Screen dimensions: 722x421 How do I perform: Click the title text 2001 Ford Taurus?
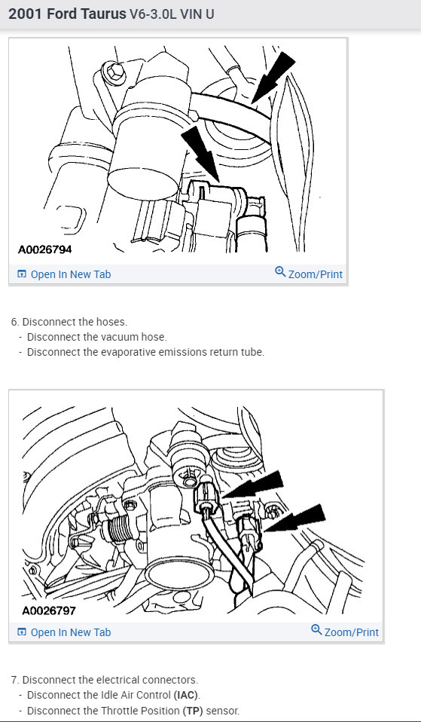[68, 14]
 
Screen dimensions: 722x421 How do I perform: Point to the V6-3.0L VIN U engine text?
[172, 14]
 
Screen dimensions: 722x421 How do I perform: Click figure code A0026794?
[45, 249]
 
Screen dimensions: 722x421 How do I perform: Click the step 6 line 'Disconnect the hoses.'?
[69, 322]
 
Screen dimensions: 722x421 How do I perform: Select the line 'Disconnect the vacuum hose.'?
[96, 337]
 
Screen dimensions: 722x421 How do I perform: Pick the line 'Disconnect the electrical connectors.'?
[99, 679]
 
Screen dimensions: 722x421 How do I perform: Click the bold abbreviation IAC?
[186, 695]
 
